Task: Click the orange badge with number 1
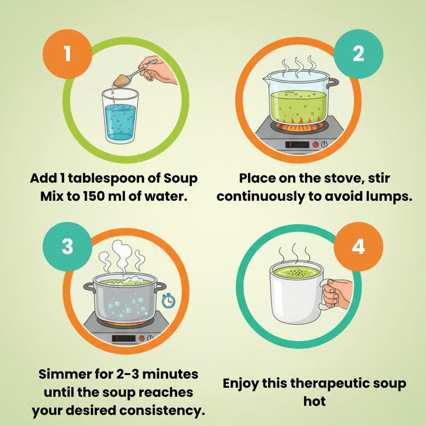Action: coord(66,54)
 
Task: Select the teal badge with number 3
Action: coord(66,247)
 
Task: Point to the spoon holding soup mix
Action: coord(135,74)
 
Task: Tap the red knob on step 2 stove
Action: coord(315,144)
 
